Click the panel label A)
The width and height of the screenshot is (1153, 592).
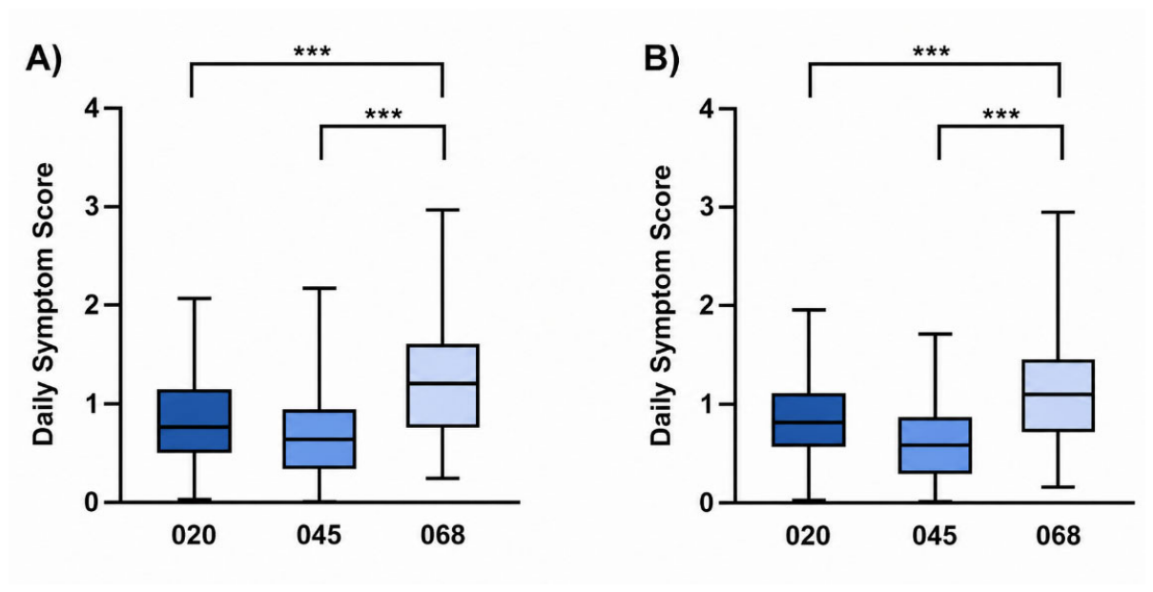[44, 59]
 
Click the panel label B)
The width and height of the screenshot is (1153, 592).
[662, 59]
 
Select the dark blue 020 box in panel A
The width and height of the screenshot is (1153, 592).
[194, 421]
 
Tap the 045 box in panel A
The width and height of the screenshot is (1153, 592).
[319, 439]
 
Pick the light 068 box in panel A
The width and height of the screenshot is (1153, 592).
[443, 385]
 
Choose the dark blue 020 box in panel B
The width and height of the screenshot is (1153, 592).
[809, 419]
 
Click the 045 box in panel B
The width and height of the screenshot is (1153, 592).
[935, 445]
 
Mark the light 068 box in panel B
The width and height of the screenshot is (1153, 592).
[1059, 396]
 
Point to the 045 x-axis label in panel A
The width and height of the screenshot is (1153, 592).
[319, 536]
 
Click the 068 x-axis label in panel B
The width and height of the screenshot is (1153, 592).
[1059, 536]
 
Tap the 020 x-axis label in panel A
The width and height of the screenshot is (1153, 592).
[194, 536]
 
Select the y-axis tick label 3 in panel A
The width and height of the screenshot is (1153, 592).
[93, 207]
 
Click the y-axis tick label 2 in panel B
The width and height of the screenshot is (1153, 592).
[709, 305]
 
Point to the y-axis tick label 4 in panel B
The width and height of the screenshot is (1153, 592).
[709, 109]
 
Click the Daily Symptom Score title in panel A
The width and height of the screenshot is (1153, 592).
[43, 304]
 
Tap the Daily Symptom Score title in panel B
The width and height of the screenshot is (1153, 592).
[661, 305]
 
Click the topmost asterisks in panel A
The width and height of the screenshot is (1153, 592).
[313, 51]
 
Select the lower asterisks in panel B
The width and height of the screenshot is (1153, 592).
[1001, 114]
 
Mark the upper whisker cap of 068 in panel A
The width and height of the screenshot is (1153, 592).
[443, 210]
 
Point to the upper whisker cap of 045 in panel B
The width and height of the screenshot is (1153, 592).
[935, 334]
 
